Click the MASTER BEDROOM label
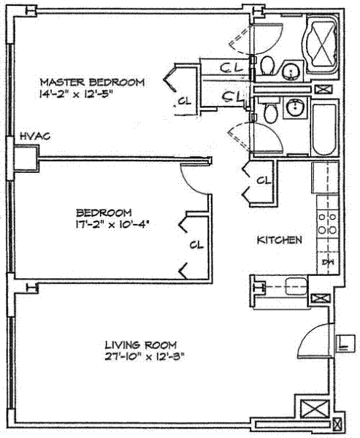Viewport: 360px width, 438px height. click(92, 81)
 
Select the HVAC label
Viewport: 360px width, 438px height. click(34, 136)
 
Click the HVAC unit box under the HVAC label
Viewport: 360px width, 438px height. click(26, 156)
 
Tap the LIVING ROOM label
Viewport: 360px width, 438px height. click(141, 344)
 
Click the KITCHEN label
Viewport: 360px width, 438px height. click(279, 239)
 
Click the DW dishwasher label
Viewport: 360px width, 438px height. click(327, 263)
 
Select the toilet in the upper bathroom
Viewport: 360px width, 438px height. click(267, 65)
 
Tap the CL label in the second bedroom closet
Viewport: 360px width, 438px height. click(196, 245)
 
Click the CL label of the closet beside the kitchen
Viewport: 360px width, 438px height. click(264, 180)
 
